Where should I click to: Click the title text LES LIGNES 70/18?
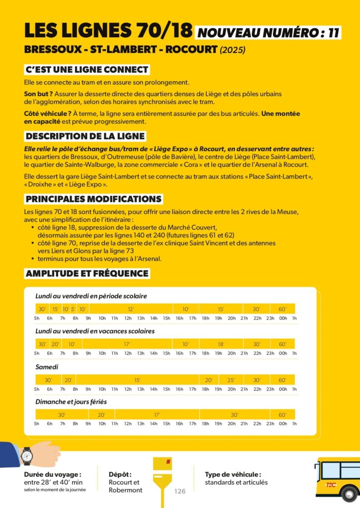click(108, 31)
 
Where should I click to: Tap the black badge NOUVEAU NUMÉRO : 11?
click(269, 33)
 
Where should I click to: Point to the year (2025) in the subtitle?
click(233, 50)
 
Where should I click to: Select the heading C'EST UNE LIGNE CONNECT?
click(87, 69)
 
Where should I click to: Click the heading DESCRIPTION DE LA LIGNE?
click(85, 136)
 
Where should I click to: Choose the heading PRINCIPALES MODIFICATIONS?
click(94, 199)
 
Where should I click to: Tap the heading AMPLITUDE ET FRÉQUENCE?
click(87, 273)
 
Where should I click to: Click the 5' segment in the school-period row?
click(73, 309)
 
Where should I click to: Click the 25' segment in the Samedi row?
click(231, 380)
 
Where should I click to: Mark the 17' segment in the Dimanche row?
click(157, 415)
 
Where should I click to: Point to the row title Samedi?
click(47, 367)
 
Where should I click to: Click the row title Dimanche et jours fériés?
click(71, 402)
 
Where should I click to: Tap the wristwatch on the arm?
click(27, 455)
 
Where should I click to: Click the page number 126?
click(180, 491)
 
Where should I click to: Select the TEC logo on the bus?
click(331, 485)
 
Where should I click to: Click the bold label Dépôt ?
click(120, 474)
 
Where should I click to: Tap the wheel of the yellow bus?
click(350, 494)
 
